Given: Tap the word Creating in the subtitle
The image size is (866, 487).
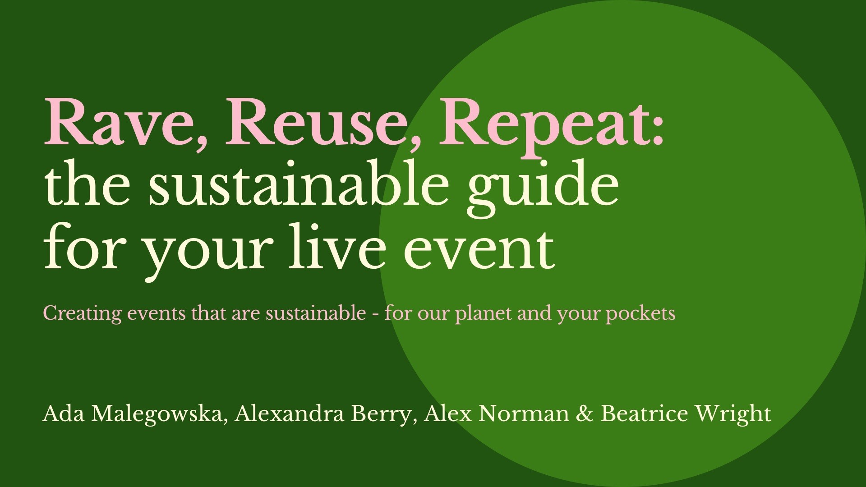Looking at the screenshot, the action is [x=82, y=313].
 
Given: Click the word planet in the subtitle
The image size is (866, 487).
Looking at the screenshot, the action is [x=484, y=313].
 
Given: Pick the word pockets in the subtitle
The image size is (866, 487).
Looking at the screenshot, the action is [x=640, y=313].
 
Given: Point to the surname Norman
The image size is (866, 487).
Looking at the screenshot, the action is [x=524, y=413].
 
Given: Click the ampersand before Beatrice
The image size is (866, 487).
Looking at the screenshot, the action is [x=585, y=413].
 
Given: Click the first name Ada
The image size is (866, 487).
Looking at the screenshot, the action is [x=64, y=413].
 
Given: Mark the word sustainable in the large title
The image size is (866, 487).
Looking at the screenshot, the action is [x=299, y=182].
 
